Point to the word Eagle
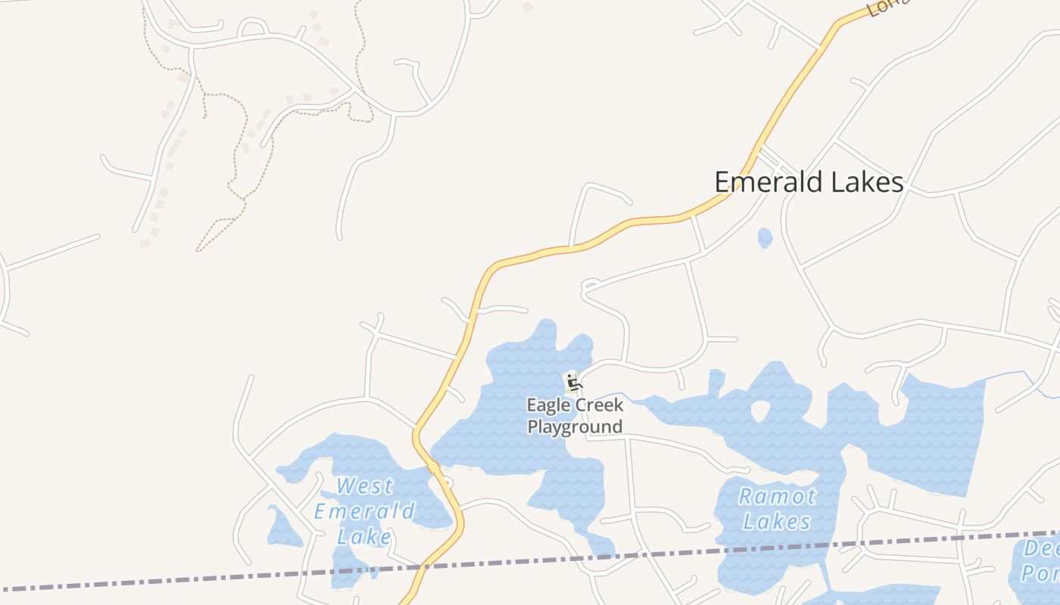tap(548, 406)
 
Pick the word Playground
tap(575, 427)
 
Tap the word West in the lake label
tap(365, 486)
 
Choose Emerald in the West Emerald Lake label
tap(364, 511)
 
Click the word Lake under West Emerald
tap(364, 537)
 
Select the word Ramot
tap(777, 497)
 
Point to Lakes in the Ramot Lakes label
tap(777, 522)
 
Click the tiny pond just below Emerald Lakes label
tap(765, 238)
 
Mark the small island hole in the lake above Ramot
tap(759, 411)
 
